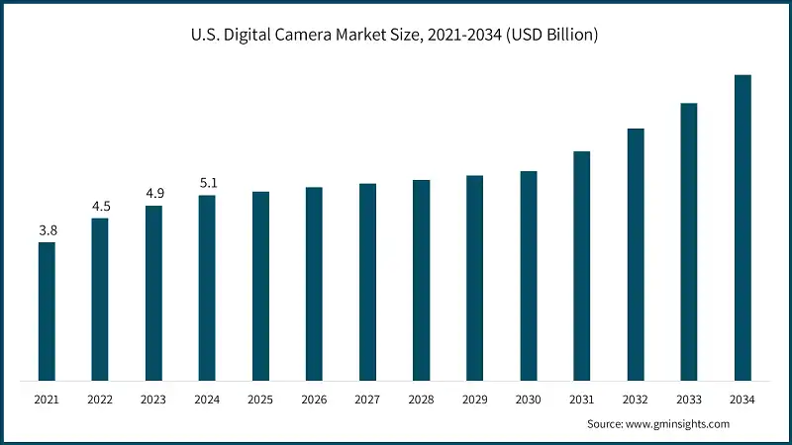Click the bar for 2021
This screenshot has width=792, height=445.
(x=47, y=311)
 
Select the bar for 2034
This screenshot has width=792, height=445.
(x=742, y=227)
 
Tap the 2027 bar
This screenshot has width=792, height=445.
(x=367, y=282)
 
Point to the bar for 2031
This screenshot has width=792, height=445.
(x=582, y=266)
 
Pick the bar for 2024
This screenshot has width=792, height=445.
(x=207, y=288)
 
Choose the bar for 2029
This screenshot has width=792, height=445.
(x=474, y=278)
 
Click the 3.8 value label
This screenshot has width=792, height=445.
(x=47, y=230)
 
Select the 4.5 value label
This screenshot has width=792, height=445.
(x=100, y=207)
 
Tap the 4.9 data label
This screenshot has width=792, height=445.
(x=153, y=194)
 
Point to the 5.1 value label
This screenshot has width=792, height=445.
(x=207, y=183)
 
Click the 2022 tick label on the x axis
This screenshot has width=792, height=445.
(x=100, y=399)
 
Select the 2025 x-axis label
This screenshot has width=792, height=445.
(x=260, y=399)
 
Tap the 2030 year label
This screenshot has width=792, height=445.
(x=528, y=399)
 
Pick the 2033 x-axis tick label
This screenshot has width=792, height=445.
(x=688, y=399)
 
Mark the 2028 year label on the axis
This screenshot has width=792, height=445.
(x=421, y=399)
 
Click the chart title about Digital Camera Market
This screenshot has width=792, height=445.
(x=395, y=36)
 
